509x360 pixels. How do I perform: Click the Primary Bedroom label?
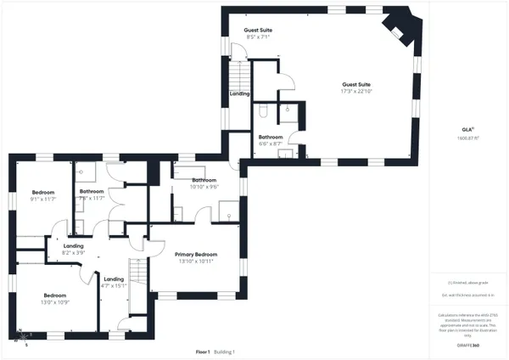pos(196,255)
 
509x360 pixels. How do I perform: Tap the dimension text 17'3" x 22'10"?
pos(356,93)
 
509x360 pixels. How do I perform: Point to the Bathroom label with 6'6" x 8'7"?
pos(271,137)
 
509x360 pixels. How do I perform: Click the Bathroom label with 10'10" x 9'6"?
pos(204,180)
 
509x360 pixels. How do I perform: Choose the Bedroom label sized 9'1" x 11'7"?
pos(42,192)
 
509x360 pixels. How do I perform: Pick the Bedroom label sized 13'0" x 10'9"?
pos(55,295)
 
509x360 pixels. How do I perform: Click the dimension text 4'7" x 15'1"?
pos(114,286)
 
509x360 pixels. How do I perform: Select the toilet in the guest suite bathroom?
pos(264,111)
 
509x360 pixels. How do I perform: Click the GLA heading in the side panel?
pos(467,129)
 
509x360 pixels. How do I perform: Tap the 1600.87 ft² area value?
pos(467,137)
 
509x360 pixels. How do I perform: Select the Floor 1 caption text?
pos(203,352)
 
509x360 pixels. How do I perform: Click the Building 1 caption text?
pos(224,352)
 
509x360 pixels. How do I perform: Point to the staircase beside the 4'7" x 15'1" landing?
pos(137,276)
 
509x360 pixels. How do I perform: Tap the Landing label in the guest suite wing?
pos(239,93)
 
